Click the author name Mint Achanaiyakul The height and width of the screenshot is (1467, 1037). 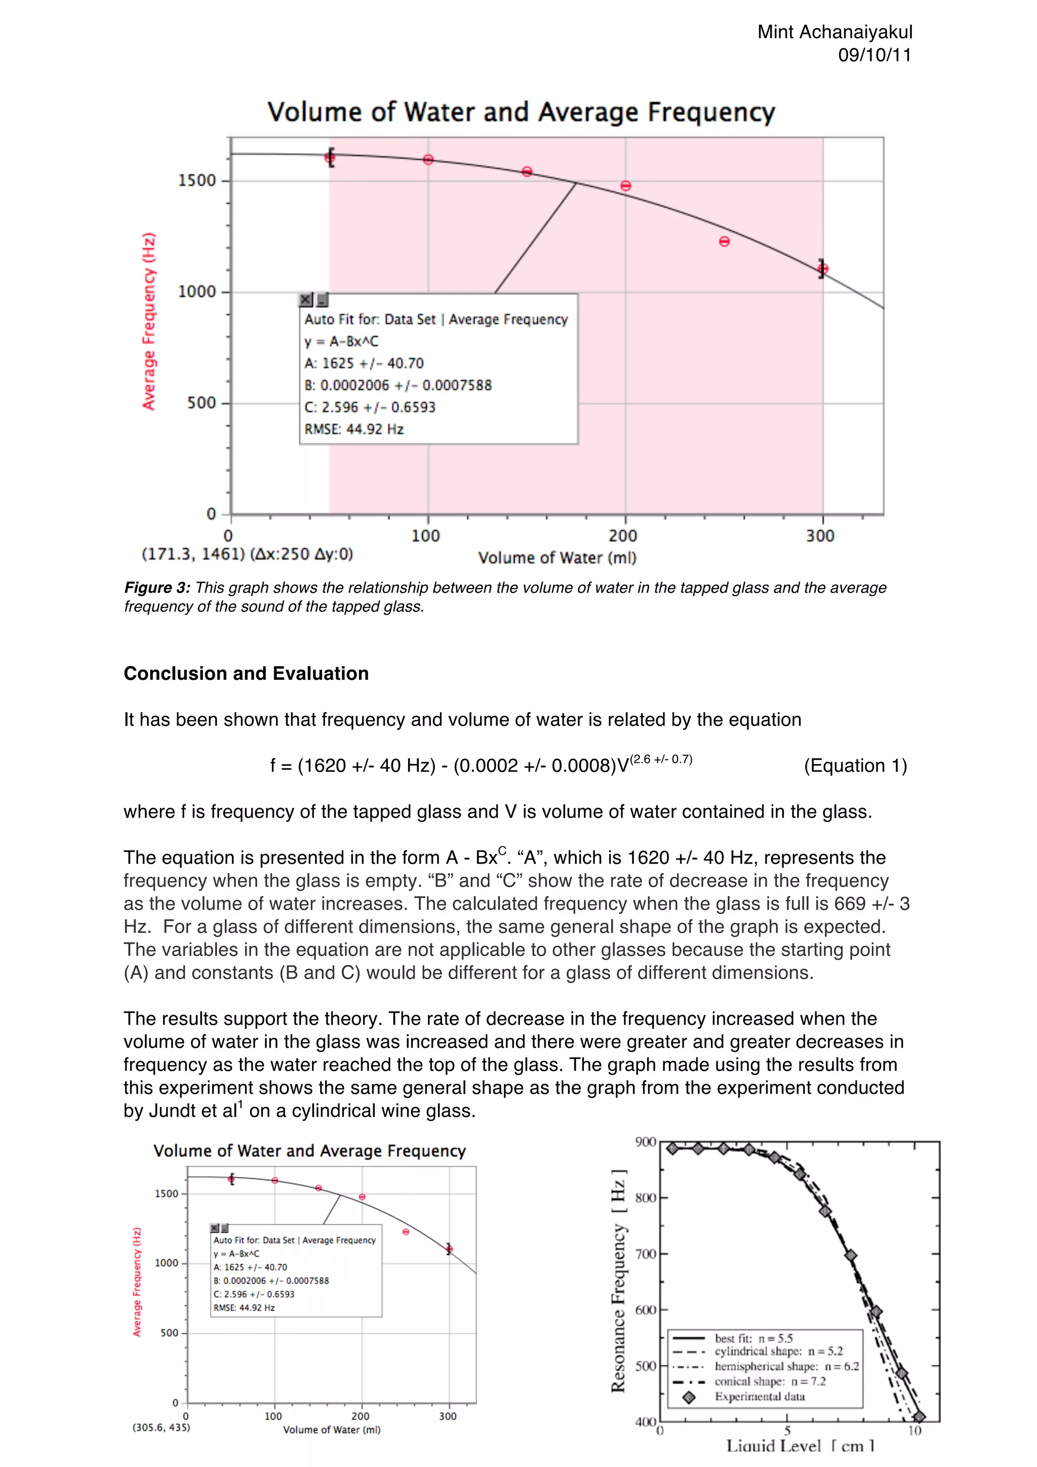(x=834, y=32)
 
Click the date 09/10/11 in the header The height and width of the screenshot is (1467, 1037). (x=874, y=55)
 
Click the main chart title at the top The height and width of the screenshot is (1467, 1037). (x=521, y=112)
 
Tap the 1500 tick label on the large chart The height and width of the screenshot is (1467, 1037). (x=196, y=180)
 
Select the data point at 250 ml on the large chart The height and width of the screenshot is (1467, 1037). (x=724, y=242)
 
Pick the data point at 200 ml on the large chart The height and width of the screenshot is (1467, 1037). (x=626, y=186)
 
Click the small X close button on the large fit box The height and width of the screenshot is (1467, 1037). (x=306, y=300)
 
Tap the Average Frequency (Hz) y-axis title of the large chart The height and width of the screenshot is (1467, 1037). (x=149, y=321)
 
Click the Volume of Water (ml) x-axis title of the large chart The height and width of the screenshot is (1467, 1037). (x=557, y=558)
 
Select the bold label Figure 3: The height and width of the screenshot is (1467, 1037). (x=157, y=588)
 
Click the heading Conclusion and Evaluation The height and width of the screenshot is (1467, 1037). (x=246, y=673)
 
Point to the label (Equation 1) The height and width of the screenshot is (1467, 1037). (x=855, y=765)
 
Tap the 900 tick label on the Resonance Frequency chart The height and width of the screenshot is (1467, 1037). (x=646, y=1142)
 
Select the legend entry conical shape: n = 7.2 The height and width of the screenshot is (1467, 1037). (x=770, y=1381)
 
